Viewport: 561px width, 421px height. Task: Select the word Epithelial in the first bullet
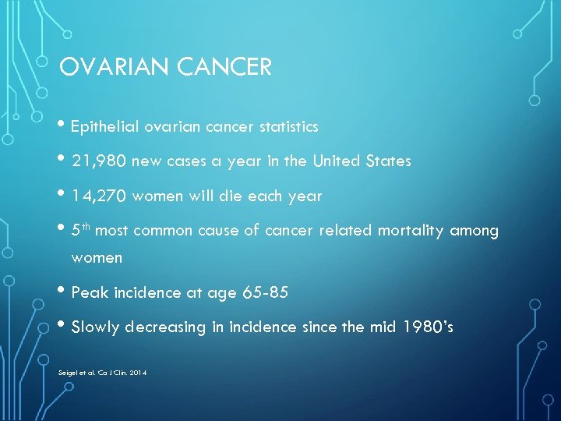click(x=103, y=126)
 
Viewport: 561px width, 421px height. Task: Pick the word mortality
click(x=411, y=231)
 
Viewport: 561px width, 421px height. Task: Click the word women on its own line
click(x=97, y=257)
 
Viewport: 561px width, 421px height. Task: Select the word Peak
click(x=90, y=292)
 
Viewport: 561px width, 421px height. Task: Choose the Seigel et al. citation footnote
click(x=102, y=373)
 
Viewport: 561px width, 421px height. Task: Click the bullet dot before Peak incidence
click(x=64, y=292)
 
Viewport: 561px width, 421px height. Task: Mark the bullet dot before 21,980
click(x=64, y=161)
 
